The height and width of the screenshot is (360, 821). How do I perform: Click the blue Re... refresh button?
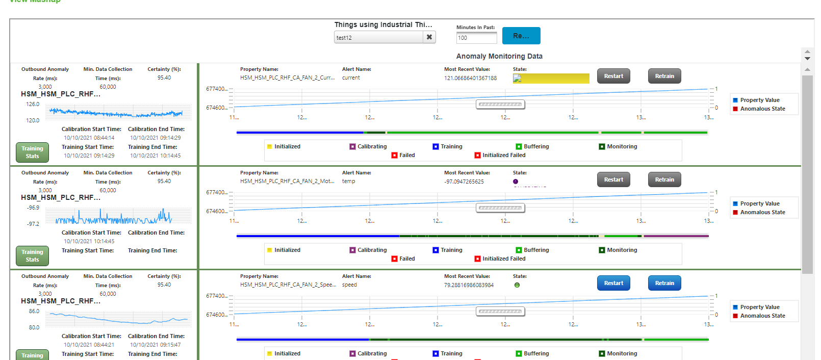tap(521, 36)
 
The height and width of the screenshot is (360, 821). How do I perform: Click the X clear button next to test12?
tap(429, 37)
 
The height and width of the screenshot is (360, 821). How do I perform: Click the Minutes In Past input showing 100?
tap(476, 38)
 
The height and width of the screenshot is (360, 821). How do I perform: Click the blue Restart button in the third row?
tap(613, 283)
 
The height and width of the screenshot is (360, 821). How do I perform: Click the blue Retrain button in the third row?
tap(664, 283)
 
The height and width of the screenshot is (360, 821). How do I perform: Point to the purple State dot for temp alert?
tap(516, 182)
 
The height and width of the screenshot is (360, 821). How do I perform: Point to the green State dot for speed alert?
tap(517, 285)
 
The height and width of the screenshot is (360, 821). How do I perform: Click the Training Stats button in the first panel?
tap(32, 152)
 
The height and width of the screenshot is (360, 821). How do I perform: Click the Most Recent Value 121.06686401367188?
tap(470, 78)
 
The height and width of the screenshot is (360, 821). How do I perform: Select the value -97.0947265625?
tap(464, 182)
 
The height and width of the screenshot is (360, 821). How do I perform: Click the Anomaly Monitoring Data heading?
tap(499, 56)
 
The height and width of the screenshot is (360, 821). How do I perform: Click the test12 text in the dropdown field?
tap(344, 38)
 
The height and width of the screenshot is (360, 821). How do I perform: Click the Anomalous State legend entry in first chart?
tap(762, 109)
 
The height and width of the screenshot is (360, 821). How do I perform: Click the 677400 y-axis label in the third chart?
tap(216, 296)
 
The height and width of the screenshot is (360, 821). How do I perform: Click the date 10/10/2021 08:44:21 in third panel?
tap(89, 345)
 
